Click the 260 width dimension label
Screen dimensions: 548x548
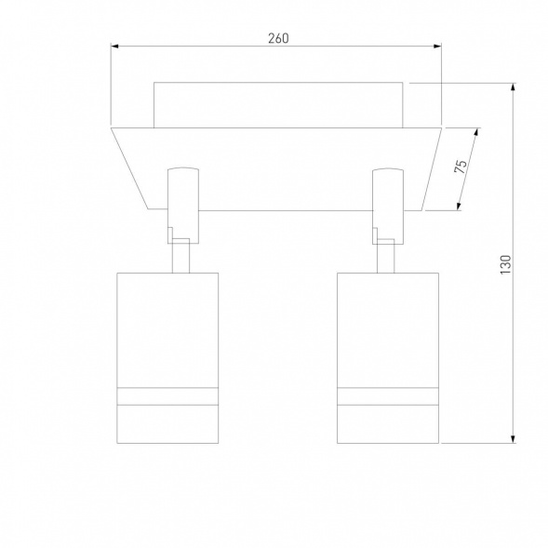(x=278, y=38)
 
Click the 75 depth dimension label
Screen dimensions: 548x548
(x=461, y=167)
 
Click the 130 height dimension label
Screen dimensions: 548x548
(x=505, y=264)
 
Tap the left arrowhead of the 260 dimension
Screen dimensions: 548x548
(x=115, y=47)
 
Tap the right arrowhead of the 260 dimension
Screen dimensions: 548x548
(x=437, y=47)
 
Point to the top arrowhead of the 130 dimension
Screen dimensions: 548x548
(x=513, y=87)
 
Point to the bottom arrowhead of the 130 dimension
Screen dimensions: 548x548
(x=513, y=439)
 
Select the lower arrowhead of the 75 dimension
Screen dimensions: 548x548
(x=459, y=206)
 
